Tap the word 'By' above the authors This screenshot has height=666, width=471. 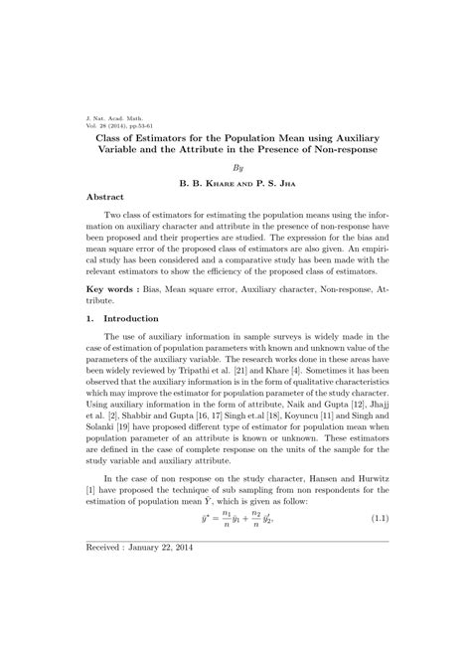click(236, 168)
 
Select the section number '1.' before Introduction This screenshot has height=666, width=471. click(90, 318)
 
